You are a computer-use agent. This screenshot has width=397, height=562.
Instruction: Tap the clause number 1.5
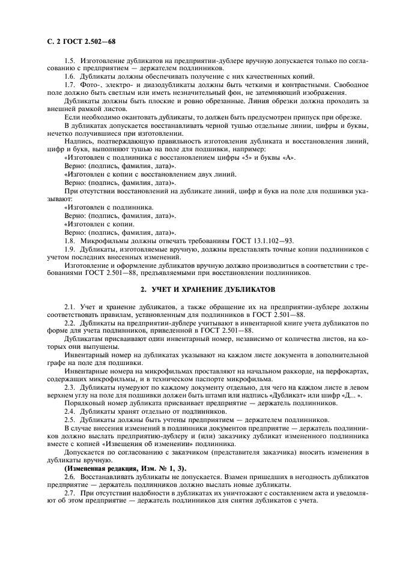[x=70, y=61]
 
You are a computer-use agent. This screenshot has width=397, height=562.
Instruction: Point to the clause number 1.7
[x=70, y=85]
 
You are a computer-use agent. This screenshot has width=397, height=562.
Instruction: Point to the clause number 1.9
[x=70, y=248]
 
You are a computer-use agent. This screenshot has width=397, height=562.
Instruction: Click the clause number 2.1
[x=70, y=307]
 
